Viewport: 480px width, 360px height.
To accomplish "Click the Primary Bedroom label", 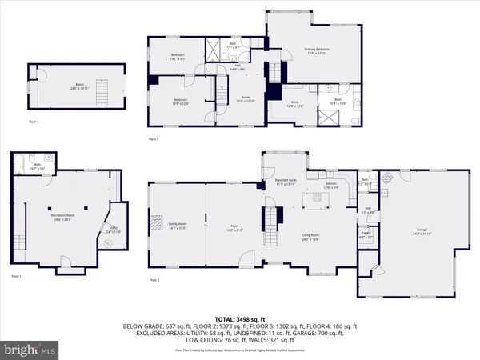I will coord(317,50).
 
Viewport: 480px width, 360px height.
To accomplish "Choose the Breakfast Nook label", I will coord(286,182).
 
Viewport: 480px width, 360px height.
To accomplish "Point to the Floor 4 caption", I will coord(33,121).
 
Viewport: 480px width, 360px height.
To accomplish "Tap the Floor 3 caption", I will coord(154,140).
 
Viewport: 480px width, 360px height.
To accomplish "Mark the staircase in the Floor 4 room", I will coord(99,86).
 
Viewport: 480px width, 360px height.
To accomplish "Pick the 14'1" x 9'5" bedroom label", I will coord(177,57).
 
